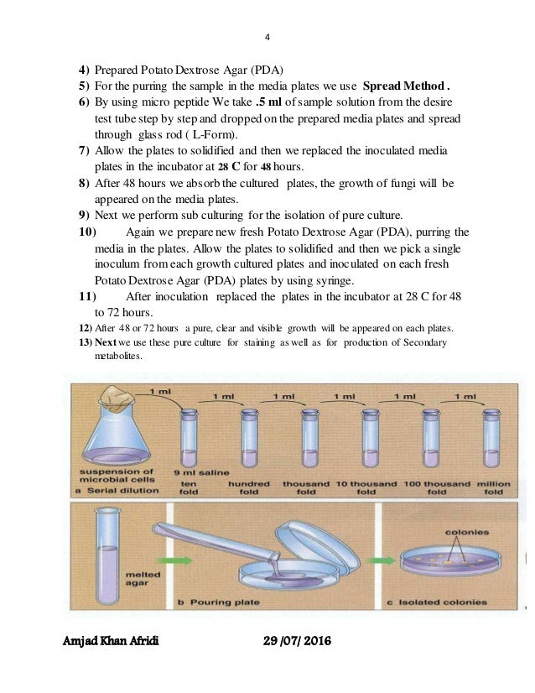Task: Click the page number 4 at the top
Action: [x=267, y=36]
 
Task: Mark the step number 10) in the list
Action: [x=88, y=232]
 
